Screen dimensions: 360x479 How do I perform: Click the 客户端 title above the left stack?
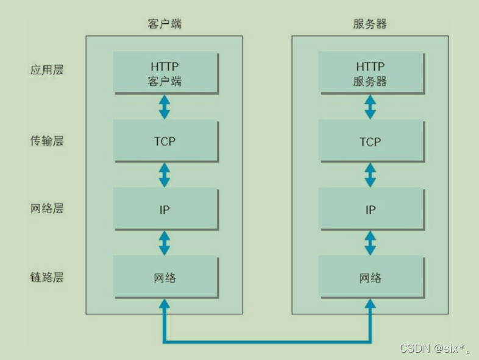(164, 24)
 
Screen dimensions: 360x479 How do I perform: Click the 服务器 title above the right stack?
(370, 24)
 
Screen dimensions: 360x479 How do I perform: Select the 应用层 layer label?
(47, 69)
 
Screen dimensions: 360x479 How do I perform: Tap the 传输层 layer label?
(47, 141)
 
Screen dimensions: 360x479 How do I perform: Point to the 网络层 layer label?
(47, 209)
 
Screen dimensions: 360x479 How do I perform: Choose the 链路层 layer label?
(47, 277)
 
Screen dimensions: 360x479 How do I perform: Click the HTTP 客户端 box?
(165, 72)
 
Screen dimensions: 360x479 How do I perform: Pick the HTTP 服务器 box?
(370, 72)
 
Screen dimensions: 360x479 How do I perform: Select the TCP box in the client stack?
(165, 141)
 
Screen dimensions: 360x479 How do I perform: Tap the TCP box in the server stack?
(370, 141)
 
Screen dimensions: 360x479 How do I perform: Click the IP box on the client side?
(165, 210)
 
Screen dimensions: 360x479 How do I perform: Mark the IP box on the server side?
(370, 210)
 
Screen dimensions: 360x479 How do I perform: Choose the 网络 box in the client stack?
(165, 277)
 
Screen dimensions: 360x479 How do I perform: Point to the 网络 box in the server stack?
(370, 277)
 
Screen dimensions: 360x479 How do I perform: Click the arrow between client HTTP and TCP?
(165, 107)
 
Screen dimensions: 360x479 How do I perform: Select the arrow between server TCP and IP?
(370, 175)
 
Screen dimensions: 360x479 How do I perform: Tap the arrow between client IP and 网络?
(165, 243)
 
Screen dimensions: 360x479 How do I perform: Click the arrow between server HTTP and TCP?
(370, 107)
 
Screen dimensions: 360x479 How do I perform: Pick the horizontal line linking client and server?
(267, 341)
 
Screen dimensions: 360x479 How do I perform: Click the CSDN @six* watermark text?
(435, 348)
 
